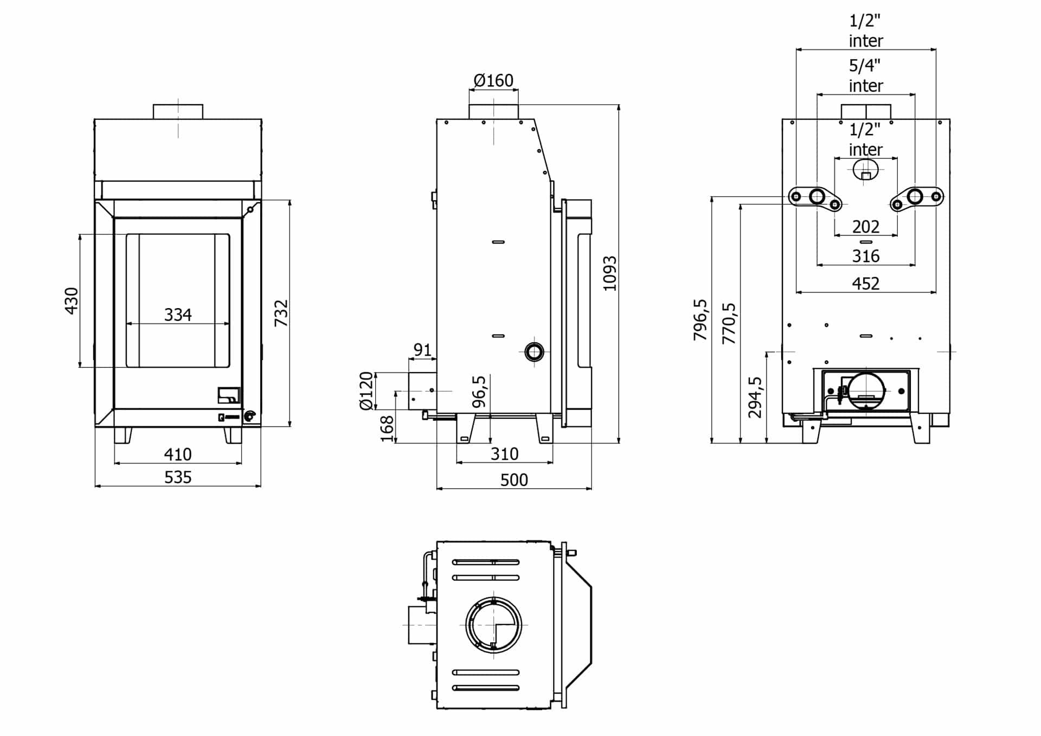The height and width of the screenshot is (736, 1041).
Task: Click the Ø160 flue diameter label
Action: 493,81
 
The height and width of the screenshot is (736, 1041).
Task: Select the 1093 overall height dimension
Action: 610,273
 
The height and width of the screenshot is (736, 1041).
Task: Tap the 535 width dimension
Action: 178,477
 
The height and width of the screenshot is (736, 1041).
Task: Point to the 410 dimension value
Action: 178,454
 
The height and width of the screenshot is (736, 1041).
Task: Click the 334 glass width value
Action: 178,315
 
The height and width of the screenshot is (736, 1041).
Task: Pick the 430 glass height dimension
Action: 72,301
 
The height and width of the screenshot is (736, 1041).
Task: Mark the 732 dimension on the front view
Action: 281,313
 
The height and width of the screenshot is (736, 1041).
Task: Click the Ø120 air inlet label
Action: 367,391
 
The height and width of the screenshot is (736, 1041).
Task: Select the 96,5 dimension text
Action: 479,392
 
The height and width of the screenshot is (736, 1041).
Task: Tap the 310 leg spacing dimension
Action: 504,454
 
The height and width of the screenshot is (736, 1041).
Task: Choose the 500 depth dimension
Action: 514,480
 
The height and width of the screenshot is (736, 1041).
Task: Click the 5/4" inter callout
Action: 865,75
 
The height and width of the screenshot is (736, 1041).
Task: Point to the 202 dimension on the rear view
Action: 866,227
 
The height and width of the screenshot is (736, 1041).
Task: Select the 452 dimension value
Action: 866,284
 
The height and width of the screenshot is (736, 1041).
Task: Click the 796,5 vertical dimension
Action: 701,320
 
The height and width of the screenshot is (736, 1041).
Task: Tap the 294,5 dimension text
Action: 755,398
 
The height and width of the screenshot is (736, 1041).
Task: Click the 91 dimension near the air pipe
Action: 422,350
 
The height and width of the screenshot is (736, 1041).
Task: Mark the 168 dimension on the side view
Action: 387,429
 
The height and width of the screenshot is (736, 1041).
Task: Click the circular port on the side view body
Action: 534,352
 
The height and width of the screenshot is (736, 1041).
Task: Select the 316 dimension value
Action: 866,256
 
